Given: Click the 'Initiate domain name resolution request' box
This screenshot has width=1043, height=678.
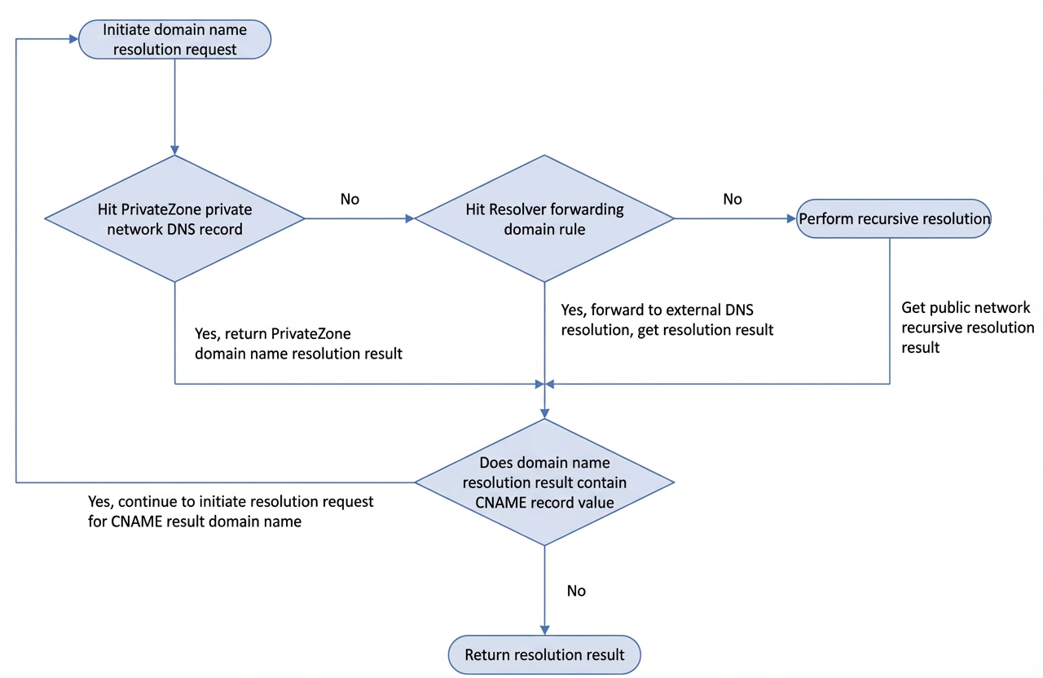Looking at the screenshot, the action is [x=174, y=39].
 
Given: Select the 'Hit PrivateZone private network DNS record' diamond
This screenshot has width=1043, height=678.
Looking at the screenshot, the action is [x=174, y=218].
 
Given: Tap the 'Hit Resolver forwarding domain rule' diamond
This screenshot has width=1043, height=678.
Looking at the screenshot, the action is [x=544, y=218].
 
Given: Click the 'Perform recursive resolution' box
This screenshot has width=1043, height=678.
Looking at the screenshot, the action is [x=894, y=218].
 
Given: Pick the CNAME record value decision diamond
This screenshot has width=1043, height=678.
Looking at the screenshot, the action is [x=544, y=482].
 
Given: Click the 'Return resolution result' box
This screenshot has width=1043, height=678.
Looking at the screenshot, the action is [x=544, y=654].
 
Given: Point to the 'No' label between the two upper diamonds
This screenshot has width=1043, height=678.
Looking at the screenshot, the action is [x=350, y=200].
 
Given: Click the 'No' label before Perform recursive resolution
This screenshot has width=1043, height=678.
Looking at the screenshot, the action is [x=733, y=200].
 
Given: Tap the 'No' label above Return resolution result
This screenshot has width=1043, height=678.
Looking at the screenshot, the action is [x=576, y=591].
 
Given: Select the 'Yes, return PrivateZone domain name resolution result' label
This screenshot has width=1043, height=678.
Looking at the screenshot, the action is [x=298, y=344].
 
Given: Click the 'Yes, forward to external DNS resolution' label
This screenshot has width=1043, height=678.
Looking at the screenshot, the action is [x=667, y=320].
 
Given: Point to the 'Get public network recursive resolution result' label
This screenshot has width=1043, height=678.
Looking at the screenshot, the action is [x=967, y=328].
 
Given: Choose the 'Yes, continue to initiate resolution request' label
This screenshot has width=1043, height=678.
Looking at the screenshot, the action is [x=231, y=511].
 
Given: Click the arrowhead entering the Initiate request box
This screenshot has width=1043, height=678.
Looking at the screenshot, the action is [x=73, y=39].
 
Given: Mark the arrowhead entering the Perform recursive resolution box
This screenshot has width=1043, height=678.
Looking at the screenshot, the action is [x=791, y=218].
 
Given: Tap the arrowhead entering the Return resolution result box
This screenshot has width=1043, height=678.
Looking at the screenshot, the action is [x=544, y=630].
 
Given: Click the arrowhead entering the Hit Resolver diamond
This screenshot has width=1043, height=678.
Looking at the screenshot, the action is [x=410, y=218].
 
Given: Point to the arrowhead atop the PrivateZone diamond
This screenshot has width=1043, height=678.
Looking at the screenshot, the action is [x=174, y=150].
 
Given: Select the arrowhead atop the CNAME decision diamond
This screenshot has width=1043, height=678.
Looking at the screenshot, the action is [x=544, y=413].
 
